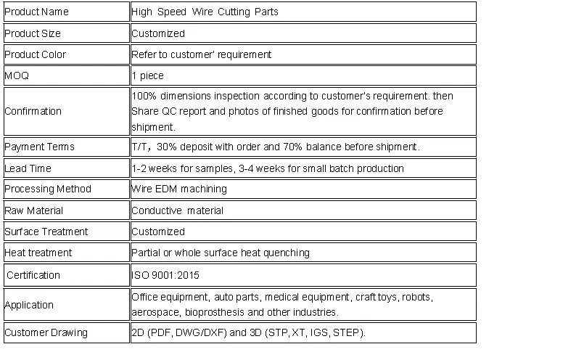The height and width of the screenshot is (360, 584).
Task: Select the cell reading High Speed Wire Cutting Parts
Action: pos(205,12)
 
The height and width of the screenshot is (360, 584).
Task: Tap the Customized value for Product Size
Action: pos(158,33)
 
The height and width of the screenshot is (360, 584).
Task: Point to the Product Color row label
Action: pos(36,54)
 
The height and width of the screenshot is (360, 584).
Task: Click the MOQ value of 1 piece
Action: pos(148,75)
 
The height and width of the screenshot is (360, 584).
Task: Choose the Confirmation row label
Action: pos(33,111)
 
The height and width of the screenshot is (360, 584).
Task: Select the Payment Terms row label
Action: pos(40,147)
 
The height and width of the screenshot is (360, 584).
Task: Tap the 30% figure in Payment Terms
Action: pos(166,147)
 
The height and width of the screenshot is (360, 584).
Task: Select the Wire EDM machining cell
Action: pos(179,189)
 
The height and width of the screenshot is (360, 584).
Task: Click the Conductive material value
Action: pos(178,210)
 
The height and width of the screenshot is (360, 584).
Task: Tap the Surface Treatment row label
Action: pos(46,232)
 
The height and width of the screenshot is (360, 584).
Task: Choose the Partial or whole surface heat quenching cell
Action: pos(221,253)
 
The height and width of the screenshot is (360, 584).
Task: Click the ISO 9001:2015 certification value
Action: pos(165,275)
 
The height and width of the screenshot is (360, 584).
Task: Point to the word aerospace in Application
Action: pos(155,312)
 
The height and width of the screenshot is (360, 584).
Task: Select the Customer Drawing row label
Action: pos(46,332)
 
